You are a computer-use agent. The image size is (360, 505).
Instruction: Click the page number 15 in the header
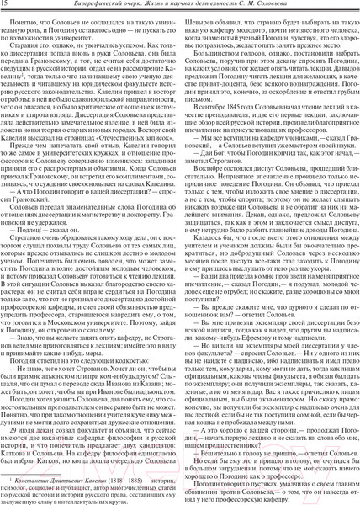pyautogui.click(x=6, y=8)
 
